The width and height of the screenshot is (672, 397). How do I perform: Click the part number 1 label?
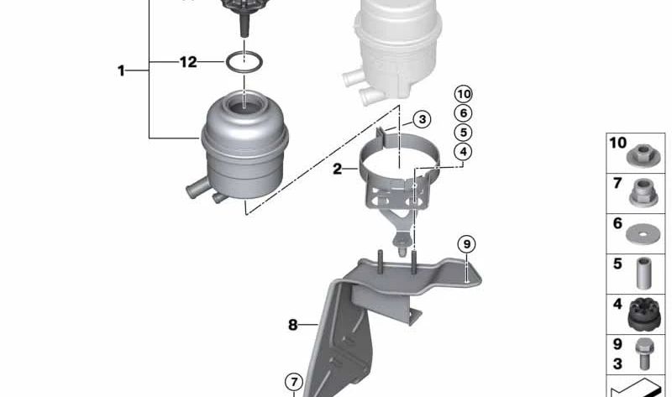tap(121, 71)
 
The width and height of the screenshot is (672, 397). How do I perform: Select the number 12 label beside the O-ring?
tap(187, 61)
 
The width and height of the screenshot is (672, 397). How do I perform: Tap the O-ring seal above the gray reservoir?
tap(242, 61)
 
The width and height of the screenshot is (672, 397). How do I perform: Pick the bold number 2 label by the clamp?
tap(337, 169)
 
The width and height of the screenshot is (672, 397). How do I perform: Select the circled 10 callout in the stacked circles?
tap(464, 93)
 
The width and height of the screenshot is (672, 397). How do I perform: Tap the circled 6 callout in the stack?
tap(464, 112)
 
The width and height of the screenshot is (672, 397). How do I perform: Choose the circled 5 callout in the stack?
tap(464, 133)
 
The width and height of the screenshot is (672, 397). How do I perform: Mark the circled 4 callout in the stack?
tap(464, 152)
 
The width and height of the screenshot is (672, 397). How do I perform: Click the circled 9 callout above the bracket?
tap(467, 244)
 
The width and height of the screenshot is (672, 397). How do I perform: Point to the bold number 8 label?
tap(292, 325)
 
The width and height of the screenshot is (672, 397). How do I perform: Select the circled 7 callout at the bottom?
tap(293, 383)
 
